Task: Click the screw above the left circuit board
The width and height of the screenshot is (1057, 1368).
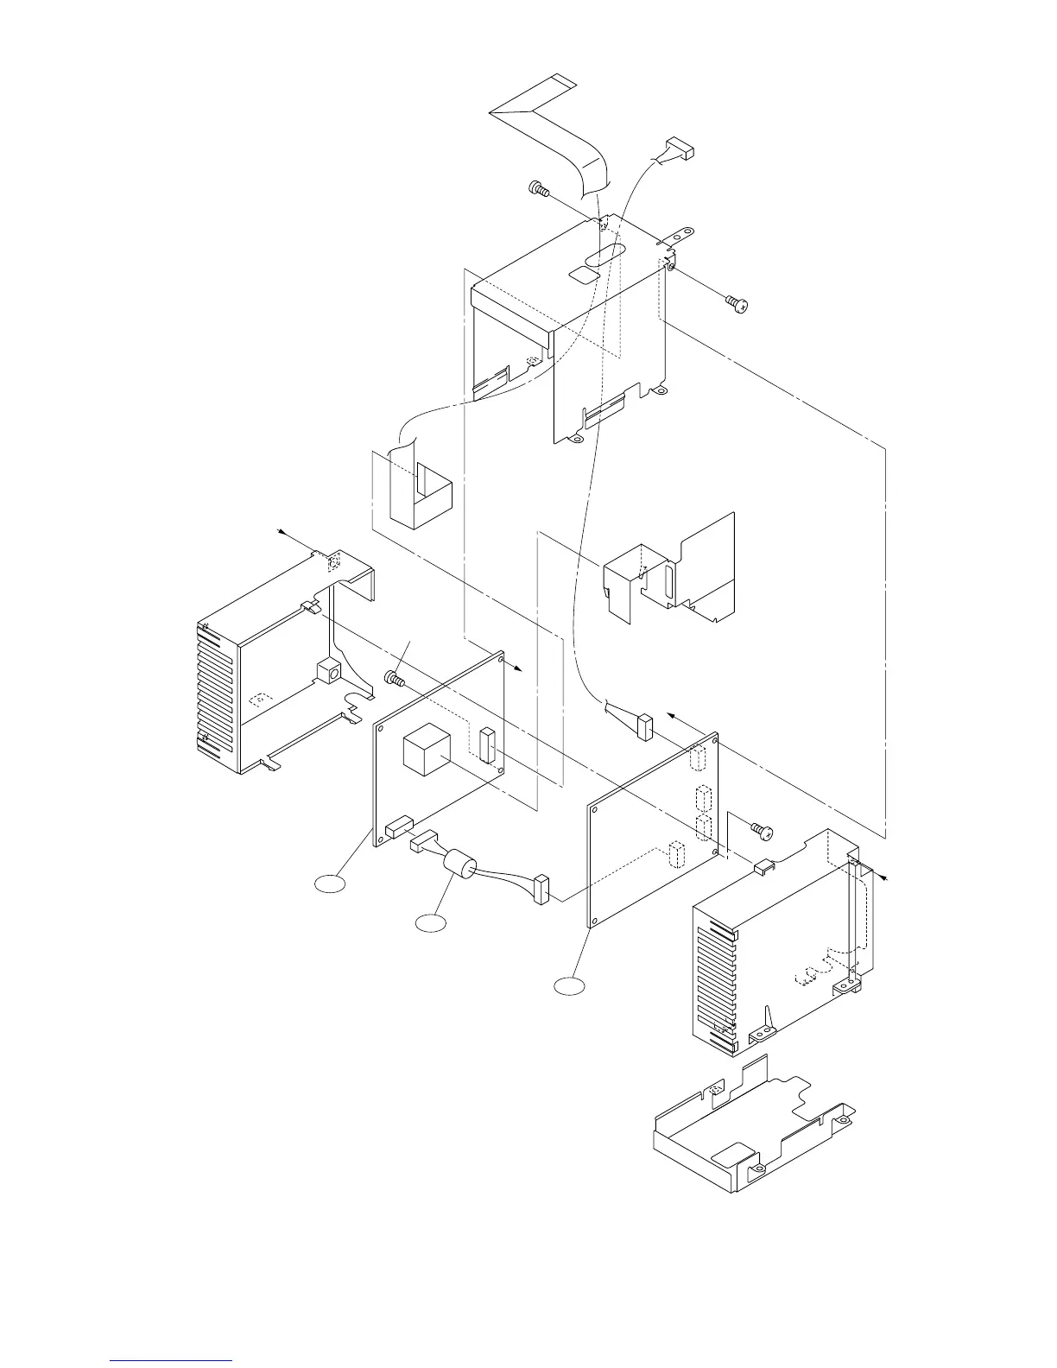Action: [395, 679]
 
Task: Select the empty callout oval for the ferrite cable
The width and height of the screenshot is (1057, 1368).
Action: [431, 923]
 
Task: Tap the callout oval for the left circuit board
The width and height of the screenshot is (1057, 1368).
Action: [329, 882]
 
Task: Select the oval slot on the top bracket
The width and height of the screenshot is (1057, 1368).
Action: [604, 254]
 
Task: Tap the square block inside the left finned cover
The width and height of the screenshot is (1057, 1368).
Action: [327, 670]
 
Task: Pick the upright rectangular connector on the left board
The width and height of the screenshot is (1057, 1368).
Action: [486, 744]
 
